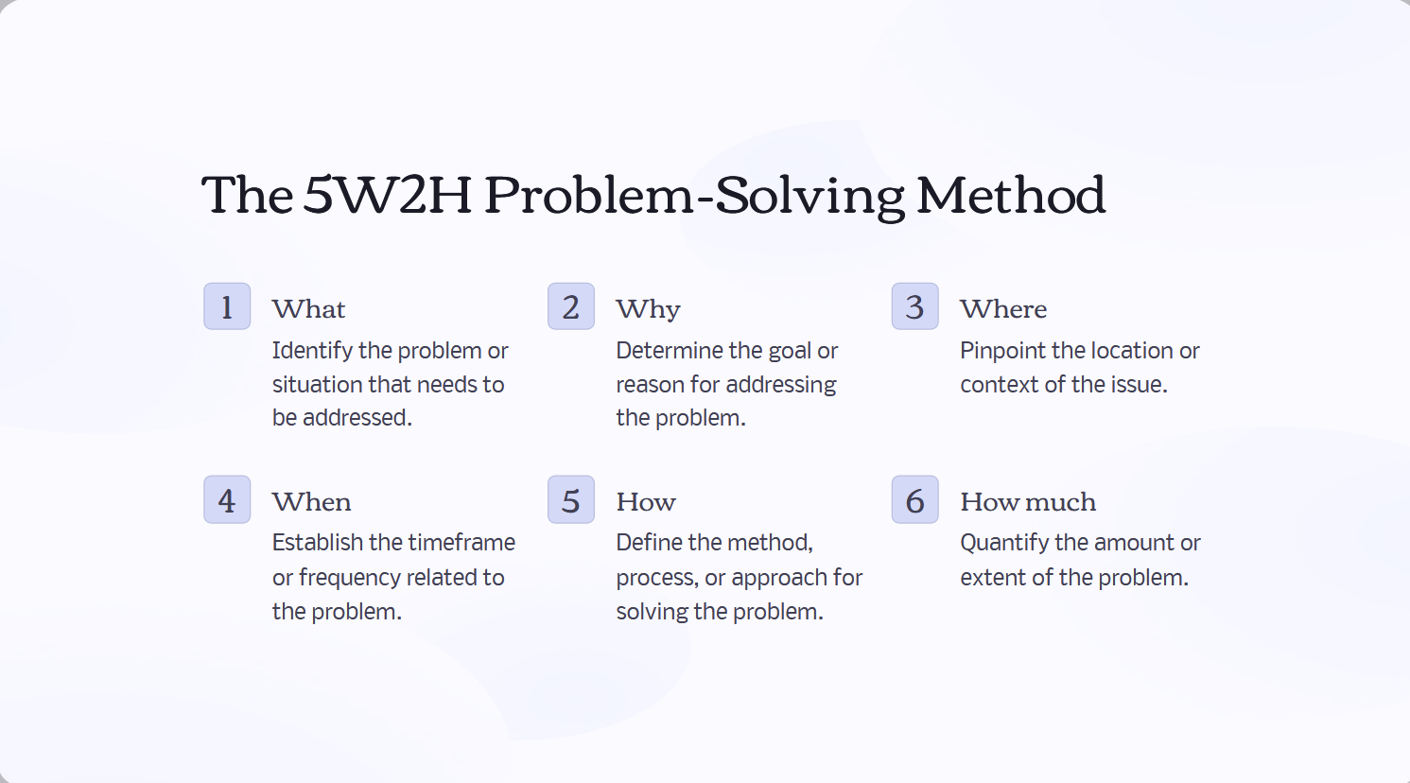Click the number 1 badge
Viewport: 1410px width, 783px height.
(227, 306)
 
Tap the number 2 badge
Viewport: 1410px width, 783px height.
(571, 306)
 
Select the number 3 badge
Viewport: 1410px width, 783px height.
(914, 306)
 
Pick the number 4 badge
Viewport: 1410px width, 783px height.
(227, 499)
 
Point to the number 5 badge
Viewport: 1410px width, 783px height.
(571, 499)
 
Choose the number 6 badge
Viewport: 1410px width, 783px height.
(914, 499)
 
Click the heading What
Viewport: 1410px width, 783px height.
(308, 309)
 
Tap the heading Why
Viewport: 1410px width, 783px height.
(648, 309)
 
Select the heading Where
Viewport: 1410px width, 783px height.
(1003, 309)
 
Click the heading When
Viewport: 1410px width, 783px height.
(311, 502)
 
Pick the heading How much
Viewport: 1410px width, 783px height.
(1028, 502)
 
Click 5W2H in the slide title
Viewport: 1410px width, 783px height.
(388, 195)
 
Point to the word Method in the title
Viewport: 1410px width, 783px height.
(1010, 195)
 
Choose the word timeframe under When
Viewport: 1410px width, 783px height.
(461, 543)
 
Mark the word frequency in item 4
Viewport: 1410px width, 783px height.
(355, 578)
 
